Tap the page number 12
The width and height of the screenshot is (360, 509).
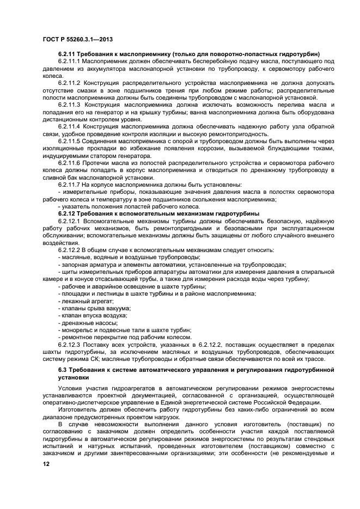[47, 464]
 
